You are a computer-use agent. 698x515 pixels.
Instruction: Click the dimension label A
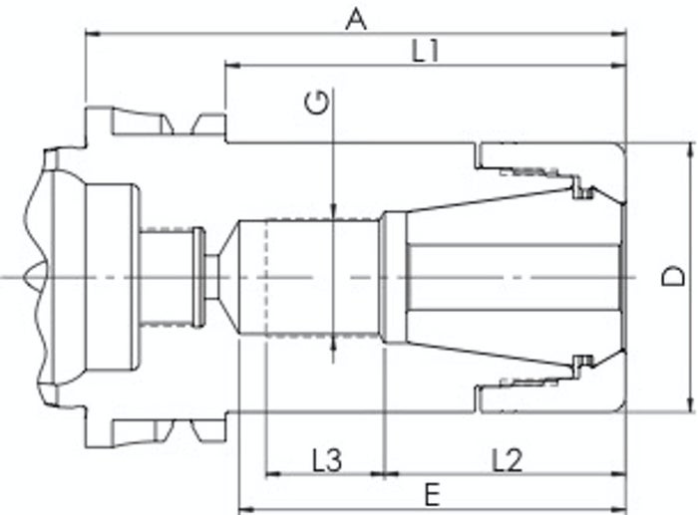point(356,20)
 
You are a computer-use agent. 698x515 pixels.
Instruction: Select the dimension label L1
point(425,51)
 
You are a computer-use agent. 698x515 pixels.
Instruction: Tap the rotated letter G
point(317,103)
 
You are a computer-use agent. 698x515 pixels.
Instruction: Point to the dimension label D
point(673,276)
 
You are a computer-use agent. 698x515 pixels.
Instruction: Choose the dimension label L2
point(507,460)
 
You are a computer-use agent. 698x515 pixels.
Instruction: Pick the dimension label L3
point(327,460)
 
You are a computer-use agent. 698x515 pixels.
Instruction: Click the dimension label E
point(432,494)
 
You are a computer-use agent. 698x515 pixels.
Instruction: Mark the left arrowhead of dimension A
point(92,33)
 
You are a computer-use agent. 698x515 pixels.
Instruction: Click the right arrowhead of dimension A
point(619,33)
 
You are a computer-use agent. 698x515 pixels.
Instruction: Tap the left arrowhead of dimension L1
point(232,66)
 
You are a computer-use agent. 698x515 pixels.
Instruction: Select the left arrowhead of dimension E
point(246,508)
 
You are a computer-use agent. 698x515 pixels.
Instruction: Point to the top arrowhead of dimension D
point(690,150)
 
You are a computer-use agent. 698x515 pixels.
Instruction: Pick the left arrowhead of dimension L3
point(272,474)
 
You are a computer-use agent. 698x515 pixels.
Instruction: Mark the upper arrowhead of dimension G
point(334,212)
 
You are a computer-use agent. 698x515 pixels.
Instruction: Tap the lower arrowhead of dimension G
point(334,344)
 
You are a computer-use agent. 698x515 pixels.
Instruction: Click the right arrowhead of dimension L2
point(619,474)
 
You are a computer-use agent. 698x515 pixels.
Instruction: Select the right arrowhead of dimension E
point(619,508)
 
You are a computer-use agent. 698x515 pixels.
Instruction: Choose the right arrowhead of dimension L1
point(619,66)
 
